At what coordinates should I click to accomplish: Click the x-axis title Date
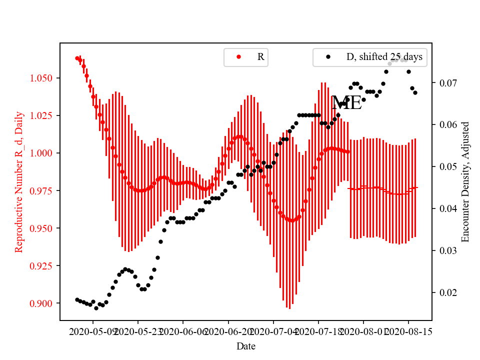pos(246,345)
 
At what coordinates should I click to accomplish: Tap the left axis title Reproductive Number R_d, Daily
pos(19,181)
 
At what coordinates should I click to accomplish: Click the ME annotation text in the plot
pos(346,103)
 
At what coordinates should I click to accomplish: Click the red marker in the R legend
pos(238,57)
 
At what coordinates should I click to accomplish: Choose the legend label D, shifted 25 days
pos(384,57)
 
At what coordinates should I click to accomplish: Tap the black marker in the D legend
pos(328,57)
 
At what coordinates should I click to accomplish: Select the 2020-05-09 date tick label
pos(93,331)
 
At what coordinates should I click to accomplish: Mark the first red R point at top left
pos(77,58)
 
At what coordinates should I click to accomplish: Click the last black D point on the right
pos(415,92)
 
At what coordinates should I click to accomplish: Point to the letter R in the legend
pos(260,57)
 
